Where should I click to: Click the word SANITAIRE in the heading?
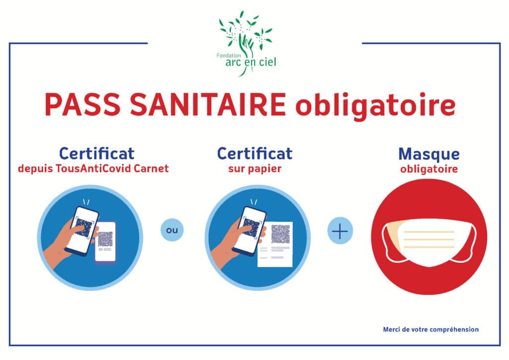click(208, 104)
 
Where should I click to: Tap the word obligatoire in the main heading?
click(376, 105)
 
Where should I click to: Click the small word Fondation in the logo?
click(229, 56)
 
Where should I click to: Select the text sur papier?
click(255, 169)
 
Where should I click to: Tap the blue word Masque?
click(429, 155)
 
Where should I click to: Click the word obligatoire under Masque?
click(429, 169)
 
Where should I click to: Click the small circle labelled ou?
click(172, 230)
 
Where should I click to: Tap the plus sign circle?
click(340, 231)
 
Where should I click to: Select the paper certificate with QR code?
click(275, 244)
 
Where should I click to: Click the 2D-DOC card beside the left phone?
click(105, 243)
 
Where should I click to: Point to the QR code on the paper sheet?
click(280, 234)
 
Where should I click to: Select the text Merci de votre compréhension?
click(431, 330)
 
